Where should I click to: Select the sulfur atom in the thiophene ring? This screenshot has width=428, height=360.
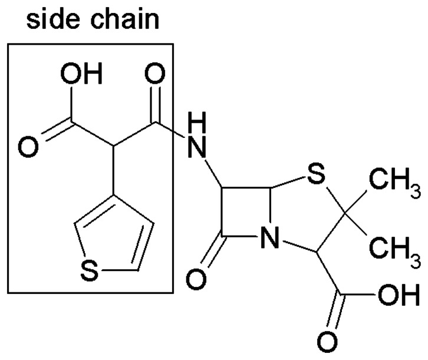pos(87,271)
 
